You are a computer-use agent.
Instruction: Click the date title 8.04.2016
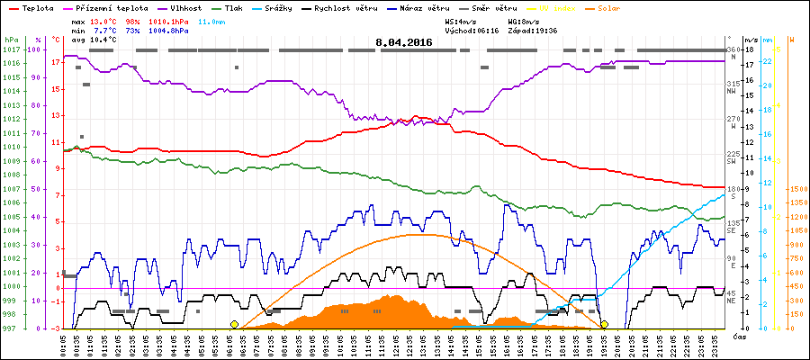click(404, 42)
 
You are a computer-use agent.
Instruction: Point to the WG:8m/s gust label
click(524, 19)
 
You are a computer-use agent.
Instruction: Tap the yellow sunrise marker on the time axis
click(234, 324)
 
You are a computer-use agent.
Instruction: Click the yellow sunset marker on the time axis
click(604, 324)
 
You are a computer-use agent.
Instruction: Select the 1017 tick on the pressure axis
click(11, 49)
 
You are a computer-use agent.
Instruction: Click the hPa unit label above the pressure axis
click(11, 40)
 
